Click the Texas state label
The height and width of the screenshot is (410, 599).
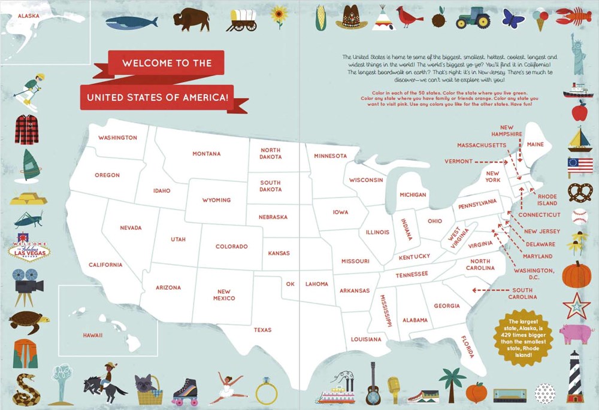click(262, 330)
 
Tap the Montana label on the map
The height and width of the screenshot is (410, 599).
click(207, 154)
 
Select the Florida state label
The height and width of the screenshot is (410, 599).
click(467, 347)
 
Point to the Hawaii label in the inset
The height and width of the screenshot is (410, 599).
click(93, 335)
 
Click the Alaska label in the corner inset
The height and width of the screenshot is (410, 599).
click(28, 16)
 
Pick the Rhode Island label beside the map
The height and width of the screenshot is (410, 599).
click(547, 200)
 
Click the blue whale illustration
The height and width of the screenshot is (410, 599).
click(131, 22)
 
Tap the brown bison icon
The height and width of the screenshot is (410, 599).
click(192, 19)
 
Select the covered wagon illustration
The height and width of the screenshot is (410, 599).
click(242, 20)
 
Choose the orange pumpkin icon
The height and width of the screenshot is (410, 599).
click(577, 274)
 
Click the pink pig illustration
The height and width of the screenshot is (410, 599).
click(576, 332)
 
